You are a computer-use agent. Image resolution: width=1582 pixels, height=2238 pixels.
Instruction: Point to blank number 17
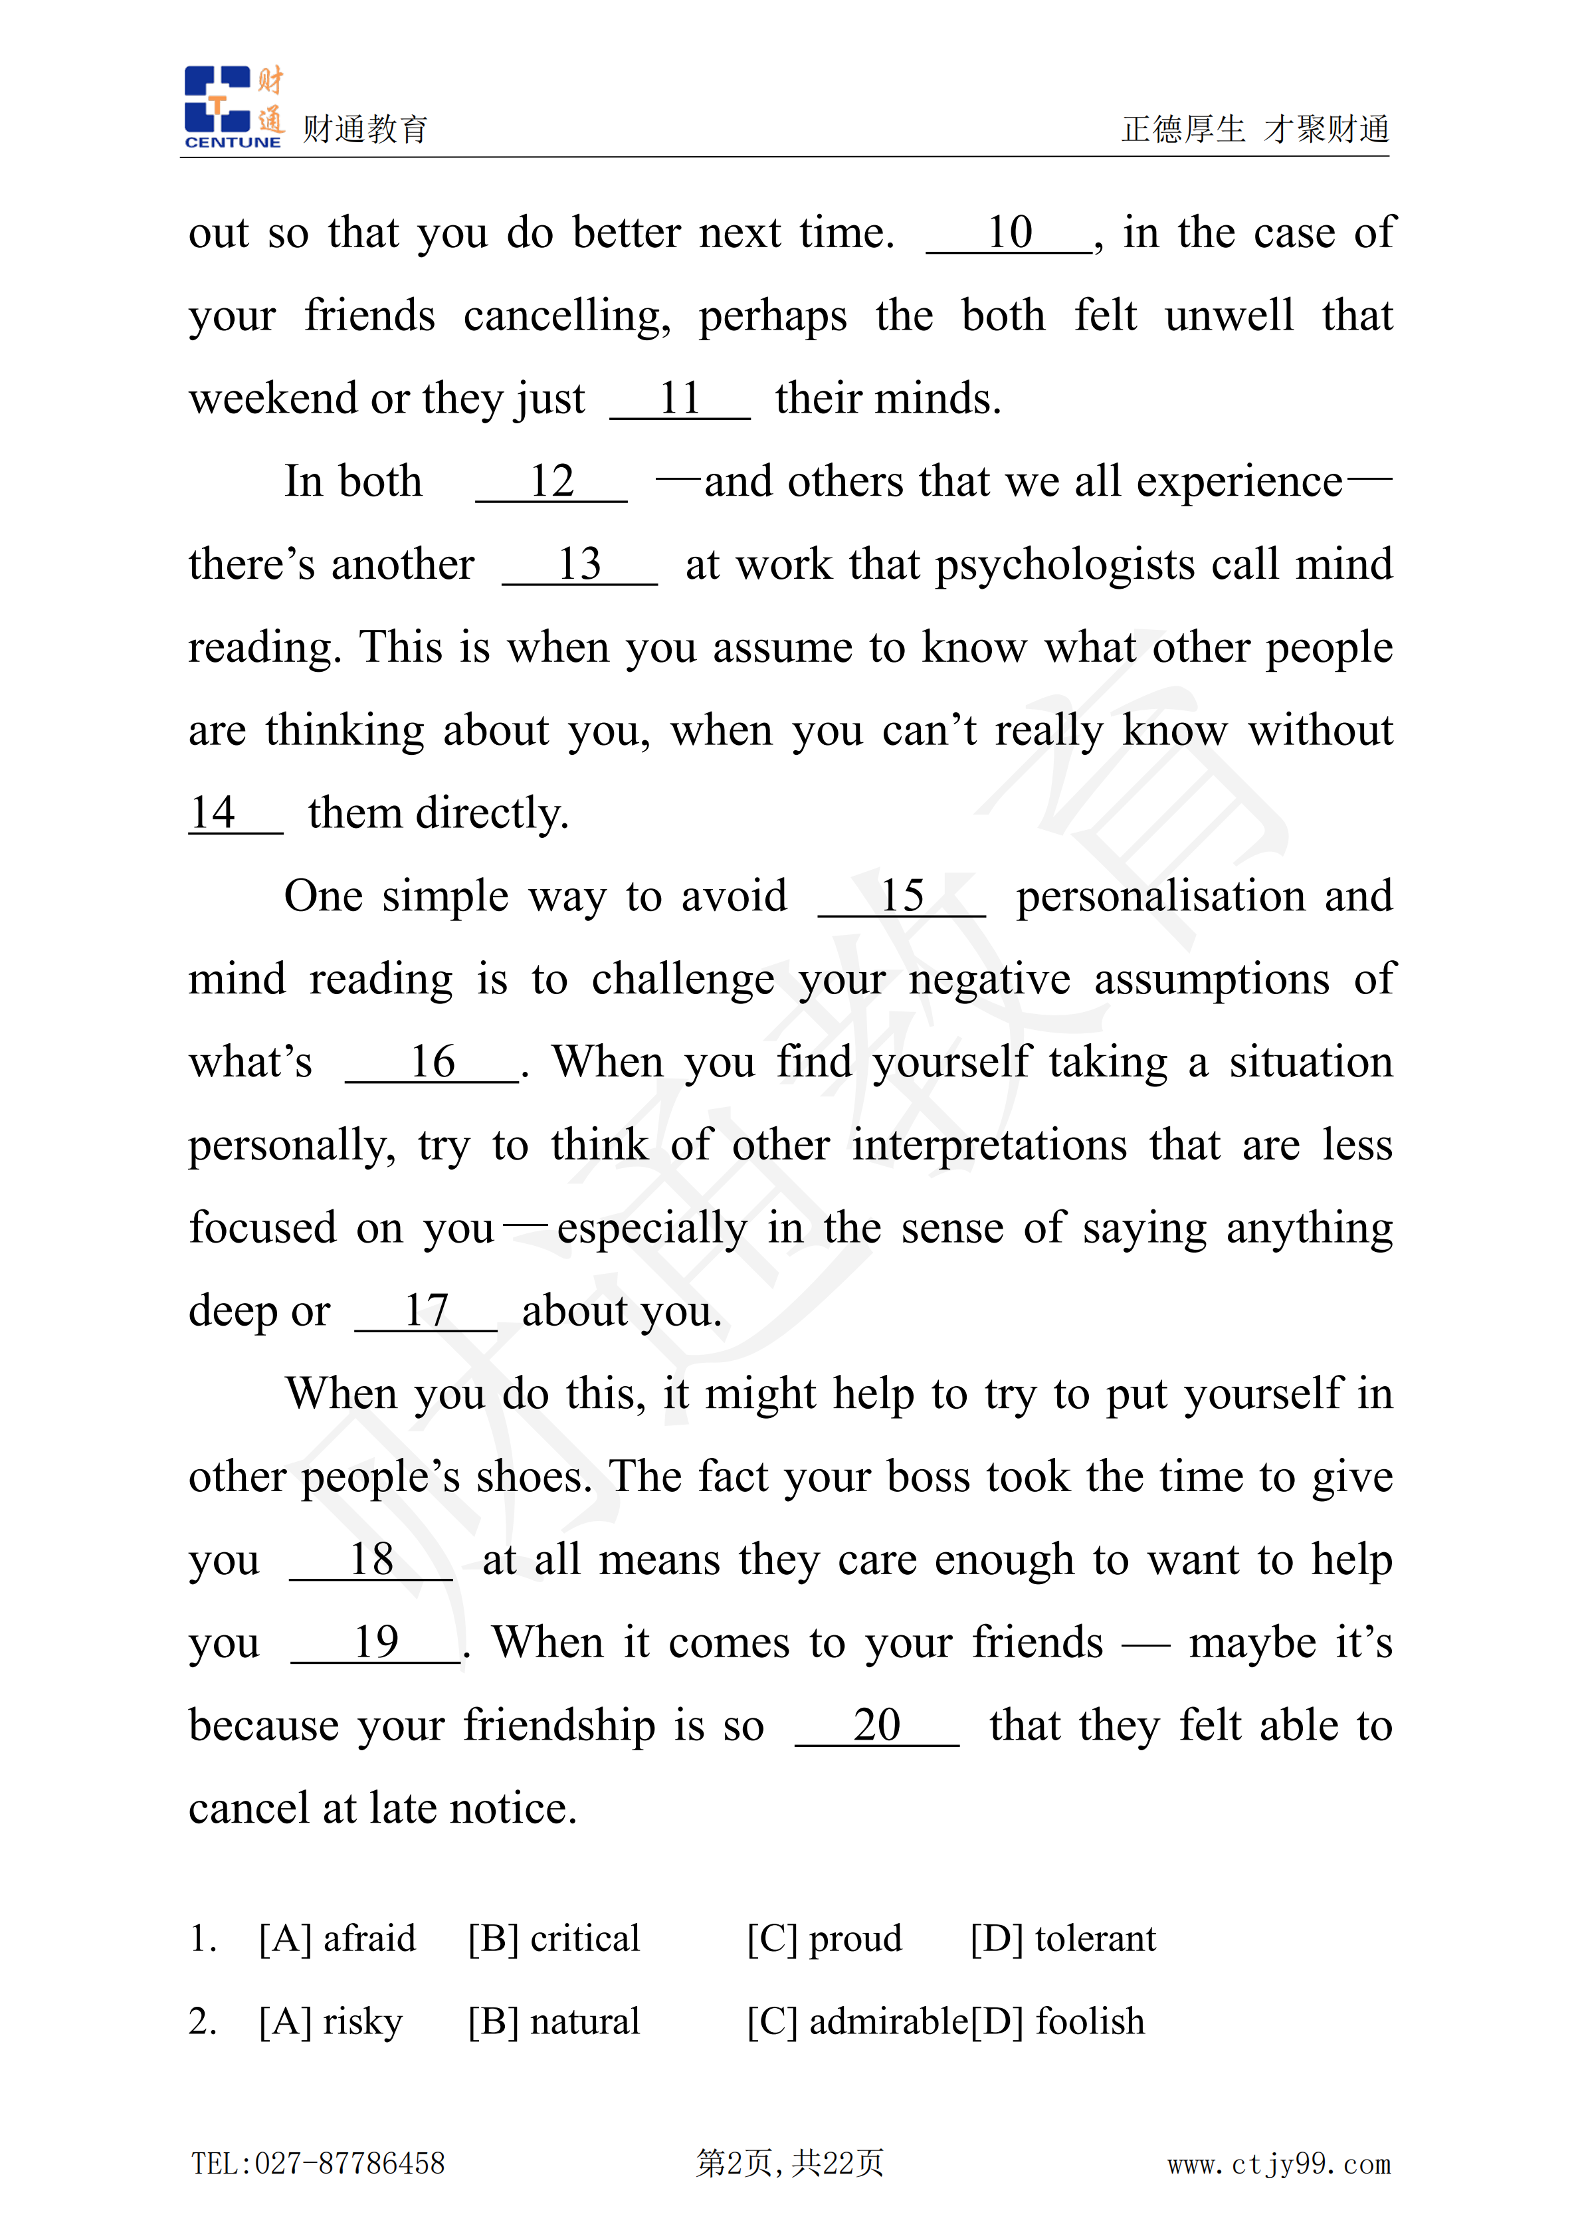pyautogui.click(x=426, y=1312)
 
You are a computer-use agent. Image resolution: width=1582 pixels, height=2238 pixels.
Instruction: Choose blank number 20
pyautogui.click(x=876, y=1726)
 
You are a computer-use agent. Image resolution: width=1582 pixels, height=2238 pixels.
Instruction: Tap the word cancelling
pyautogui.click(x=566, y=318)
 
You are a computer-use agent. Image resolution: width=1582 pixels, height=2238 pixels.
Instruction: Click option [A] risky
pyautogui.click(x=330, y=2021)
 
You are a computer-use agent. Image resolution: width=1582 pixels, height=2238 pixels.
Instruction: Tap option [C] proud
pyautogui.click(x=825, y=1938)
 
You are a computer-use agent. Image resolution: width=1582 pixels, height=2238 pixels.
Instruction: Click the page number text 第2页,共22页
pyautogui.click(x=789, y=2163)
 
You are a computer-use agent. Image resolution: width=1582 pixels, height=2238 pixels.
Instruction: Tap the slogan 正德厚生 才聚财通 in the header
pyautogui.click(x=1254, y=129)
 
